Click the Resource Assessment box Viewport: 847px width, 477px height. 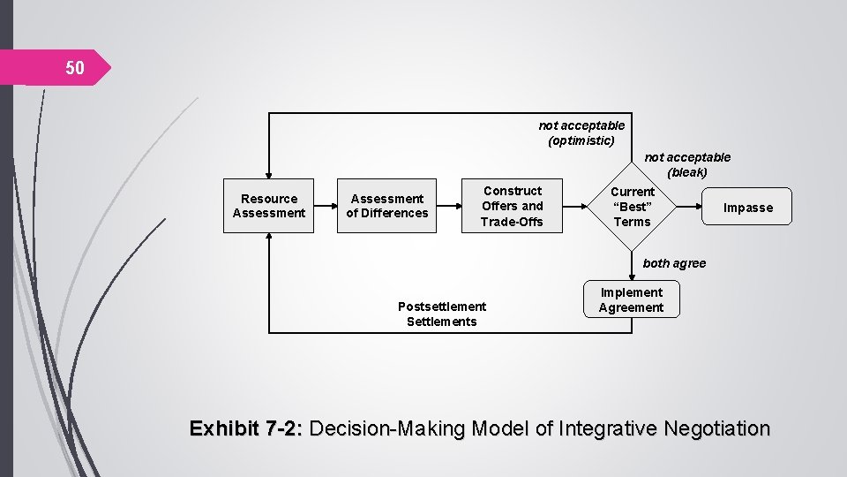coord(268,206)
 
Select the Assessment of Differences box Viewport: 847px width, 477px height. coord(387,206)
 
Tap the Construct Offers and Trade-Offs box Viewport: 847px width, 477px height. coord(513,206)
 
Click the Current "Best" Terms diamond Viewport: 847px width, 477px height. coord(633,206)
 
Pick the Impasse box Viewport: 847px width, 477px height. coord(748,208)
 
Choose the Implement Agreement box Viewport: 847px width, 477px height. coord(631,300)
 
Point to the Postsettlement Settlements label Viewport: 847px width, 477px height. coord(441,314)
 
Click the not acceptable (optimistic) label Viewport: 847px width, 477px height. coord(581,132)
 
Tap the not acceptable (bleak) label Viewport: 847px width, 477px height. coord(688,164)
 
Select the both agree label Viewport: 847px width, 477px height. coord(674,263)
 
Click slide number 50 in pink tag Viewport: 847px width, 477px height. coord(75,68)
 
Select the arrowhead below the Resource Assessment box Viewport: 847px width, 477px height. coord(268,238)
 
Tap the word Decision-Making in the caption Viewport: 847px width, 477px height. coord(389,429)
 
